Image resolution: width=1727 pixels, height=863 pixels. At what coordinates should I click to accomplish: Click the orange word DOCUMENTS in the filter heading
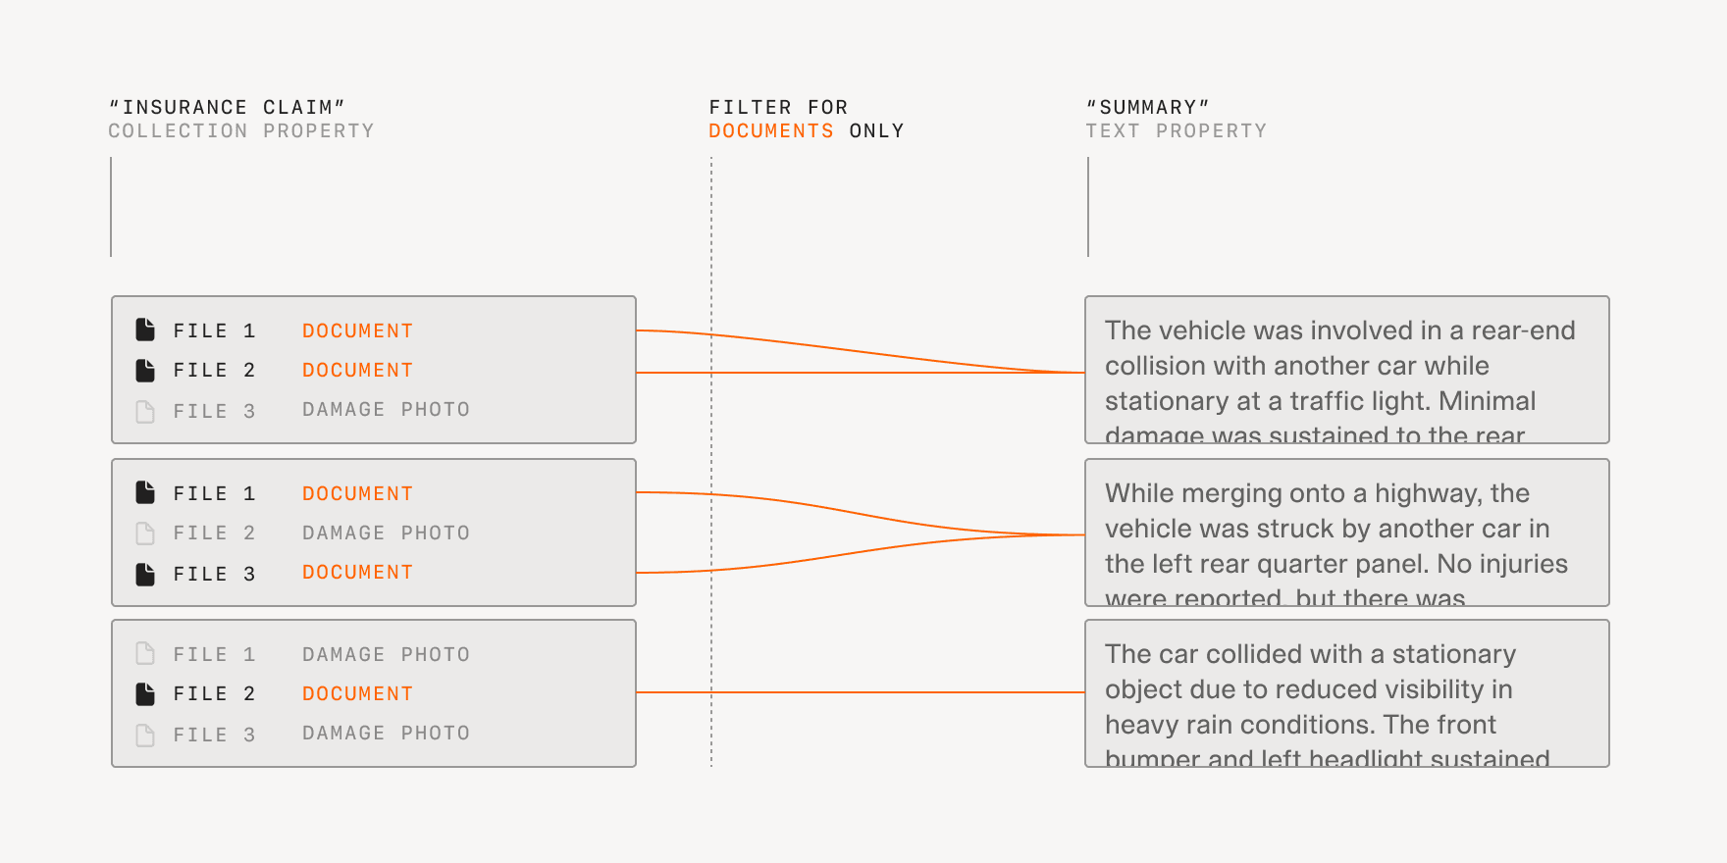(x=770, y=131)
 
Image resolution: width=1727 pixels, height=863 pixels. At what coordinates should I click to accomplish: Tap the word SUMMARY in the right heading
(x=1147, y=108)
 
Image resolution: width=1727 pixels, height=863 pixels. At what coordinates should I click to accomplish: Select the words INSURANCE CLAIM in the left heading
(x=227, y=108)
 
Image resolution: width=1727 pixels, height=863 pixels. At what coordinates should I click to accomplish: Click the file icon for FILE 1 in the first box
(x=145, y=330)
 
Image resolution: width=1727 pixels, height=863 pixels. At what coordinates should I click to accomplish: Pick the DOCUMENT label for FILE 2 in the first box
(x=357, y=371)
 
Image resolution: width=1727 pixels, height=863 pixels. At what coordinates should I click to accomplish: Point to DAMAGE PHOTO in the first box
(x=386, y=410)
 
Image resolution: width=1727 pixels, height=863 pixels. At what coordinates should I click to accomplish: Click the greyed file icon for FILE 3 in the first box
(x=145, y=411)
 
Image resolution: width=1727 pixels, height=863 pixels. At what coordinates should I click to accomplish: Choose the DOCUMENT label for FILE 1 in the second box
(x=357, y=494)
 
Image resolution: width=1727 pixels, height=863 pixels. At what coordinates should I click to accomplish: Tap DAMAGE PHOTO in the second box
(x=386, y=533)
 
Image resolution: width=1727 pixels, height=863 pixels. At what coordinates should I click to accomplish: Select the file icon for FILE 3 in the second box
(x=145, y=574)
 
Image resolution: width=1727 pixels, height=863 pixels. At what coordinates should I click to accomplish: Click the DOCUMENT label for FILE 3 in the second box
(x=357, y=573)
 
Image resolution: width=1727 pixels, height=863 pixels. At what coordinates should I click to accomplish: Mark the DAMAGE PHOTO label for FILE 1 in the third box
(x=386, y=655)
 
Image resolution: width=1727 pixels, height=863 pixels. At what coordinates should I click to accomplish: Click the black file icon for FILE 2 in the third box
(x=145, y=694)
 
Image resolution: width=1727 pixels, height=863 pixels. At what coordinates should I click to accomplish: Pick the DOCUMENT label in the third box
(x=357, y=694)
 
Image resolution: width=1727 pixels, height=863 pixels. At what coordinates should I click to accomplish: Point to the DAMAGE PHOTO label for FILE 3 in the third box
(x=386, y=734)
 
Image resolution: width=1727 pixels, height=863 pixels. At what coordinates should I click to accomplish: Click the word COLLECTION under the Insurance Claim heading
(x=178, y=131)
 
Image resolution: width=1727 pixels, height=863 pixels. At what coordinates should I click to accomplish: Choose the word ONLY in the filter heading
(x=876, y=131)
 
